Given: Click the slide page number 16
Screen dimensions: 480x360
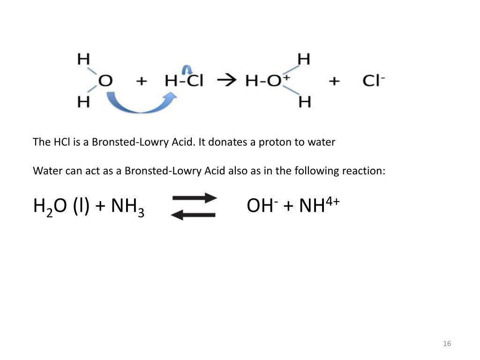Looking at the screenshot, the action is click(x=447, y=344).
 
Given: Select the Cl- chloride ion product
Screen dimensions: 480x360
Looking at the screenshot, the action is click(x=373, y=81).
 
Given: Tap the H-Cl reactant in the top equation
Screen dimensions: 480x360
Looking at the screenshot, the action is click(x=184, y=81).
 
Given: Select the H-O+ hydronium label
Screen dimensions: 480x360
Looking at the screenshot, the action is click(x=265, y=81).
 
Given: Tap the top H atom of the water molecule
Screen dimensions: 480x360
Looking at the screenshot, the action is click(x=83, y=59).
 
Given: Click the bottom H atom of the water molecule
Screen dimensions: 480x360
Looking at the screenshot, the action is click(x=83, y=102).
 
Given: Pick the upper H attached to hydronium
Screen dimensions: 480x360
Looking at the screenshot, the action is click(x=304, y=59).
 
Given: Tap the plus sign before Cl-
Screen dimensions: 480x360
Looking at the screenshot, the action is click(x=334, y=82).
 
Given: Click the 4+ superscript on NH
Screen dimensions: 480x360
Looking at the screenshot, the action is click(x=333, y=201).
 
